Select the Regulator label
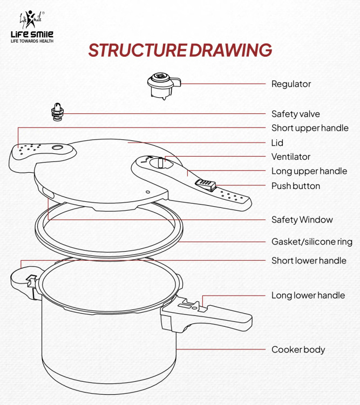(x=291, y=84)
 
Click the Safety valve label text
(x=295, y=114)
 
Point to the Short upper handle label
(x=309, y=128)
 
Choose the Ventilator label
(x=290, y=157)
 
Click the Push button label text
(x=295, y=186)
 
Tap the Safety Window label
(x=302, y=220)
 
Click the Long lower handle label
(x=308, y=295)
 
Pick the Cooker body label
(x=298, y=349)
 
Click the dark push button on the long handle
(x=205, y=185)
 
